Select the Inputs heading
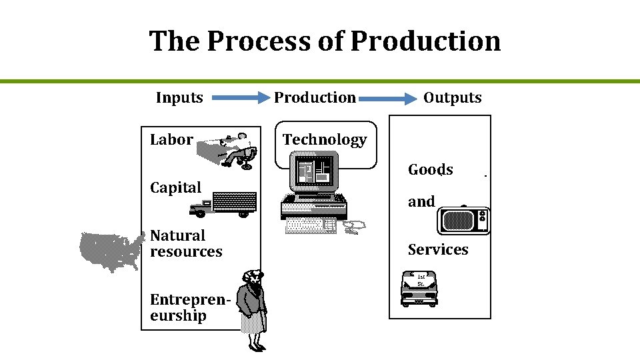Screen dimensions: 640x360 [x=179, y=97]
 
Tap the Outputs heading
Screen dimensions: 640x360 [x=452, y=97]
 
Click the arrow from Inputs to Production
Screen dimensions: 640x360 [x=239, y=99]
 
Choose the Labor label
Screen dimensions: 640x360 [x=171, y=139]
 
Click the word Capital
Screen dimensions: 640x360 [x=175, y=187]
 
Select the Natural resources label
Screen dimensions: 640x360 [x=185, y=243]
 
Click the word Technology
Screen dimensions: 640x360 [x=325, y=139]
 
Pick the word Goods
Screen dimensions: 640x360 [x=430, y=169]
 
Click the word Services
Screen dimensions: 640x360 [x=438, y=249]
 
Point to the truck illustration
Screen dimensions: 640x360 [x=223, y=203]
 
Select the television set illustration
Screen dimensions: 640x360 [x=463, y=220]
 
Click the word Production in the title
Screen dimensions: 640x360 [x=425, y=41]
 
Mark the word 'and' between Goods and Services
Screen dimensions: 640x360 [x=421, y=201]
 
